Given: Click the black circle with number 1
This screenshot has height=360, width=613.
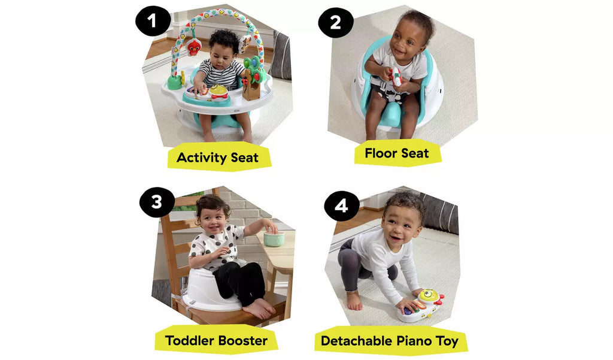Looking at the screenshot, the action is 153,20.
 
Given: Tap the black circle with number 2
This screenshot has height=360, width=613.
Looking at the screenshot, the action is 335,22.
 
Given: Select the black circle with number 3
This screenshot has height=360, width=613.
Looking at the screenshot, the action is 157,202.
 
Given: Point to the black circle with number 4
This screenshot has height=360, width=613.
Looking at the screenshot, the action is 341,205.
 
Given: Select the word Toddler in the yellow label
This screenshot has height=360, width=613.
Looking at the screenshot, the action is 189,340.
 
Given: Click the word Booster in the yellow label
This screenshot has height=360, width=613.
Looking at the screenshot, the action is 242,340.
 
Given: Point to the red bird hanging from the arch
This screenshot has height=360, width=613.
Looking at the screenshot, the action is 193,47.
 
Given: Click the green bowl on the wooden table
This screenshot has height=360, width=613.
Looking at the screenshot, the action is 274,238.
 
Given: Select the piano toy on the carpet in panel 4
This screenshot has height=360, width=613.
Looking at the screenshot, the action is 421,306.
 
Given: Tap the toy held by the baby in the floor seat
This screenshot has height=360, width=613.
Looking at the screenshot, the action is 396,77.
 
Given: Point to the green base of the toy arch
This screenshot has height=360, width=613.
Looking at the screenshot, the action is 175,83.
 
